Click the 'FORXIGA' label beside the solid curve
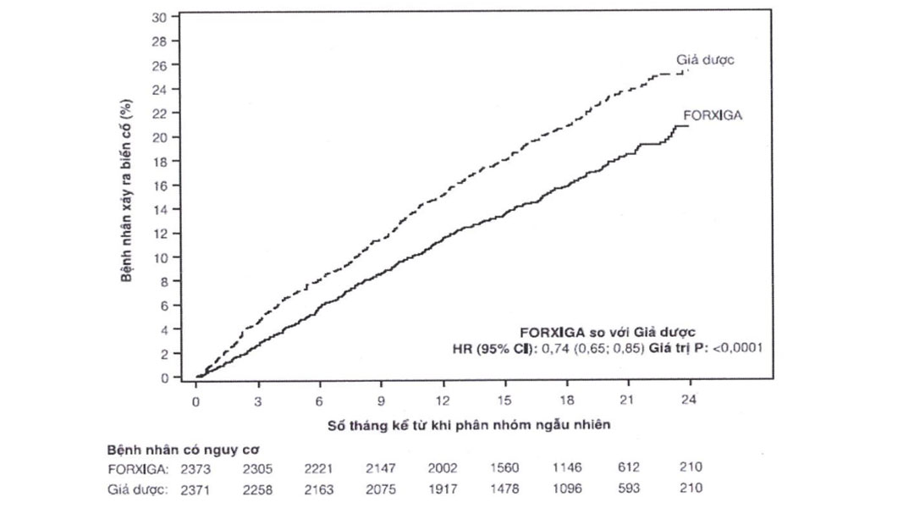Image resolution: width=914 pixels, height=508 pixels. pos(713,115)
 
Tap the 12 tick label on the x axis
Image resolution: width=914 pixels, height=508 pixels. pos(443,400)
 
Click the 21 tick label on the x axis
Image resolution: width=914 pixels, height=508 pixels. pos(628,400)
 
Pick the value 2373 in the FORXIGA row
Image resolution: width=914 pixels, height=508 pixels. pos(197,467)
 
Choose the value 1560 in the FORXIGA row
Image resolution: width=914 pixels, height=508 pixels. pos(505,467)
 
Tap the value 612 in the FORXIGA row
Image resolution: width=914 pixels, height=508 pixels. pos(629,467)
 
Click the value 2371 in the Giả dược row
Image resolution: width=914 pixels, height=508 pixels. pos(197,489)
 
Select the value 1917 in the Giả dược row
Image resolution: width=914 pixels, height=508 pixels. pos(443,489)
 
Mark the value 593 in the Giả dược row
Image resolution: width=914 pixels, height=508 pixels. pos(629,489)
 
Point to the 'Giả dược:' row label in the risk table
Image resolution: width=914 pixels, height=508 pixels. pos(137,489)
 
